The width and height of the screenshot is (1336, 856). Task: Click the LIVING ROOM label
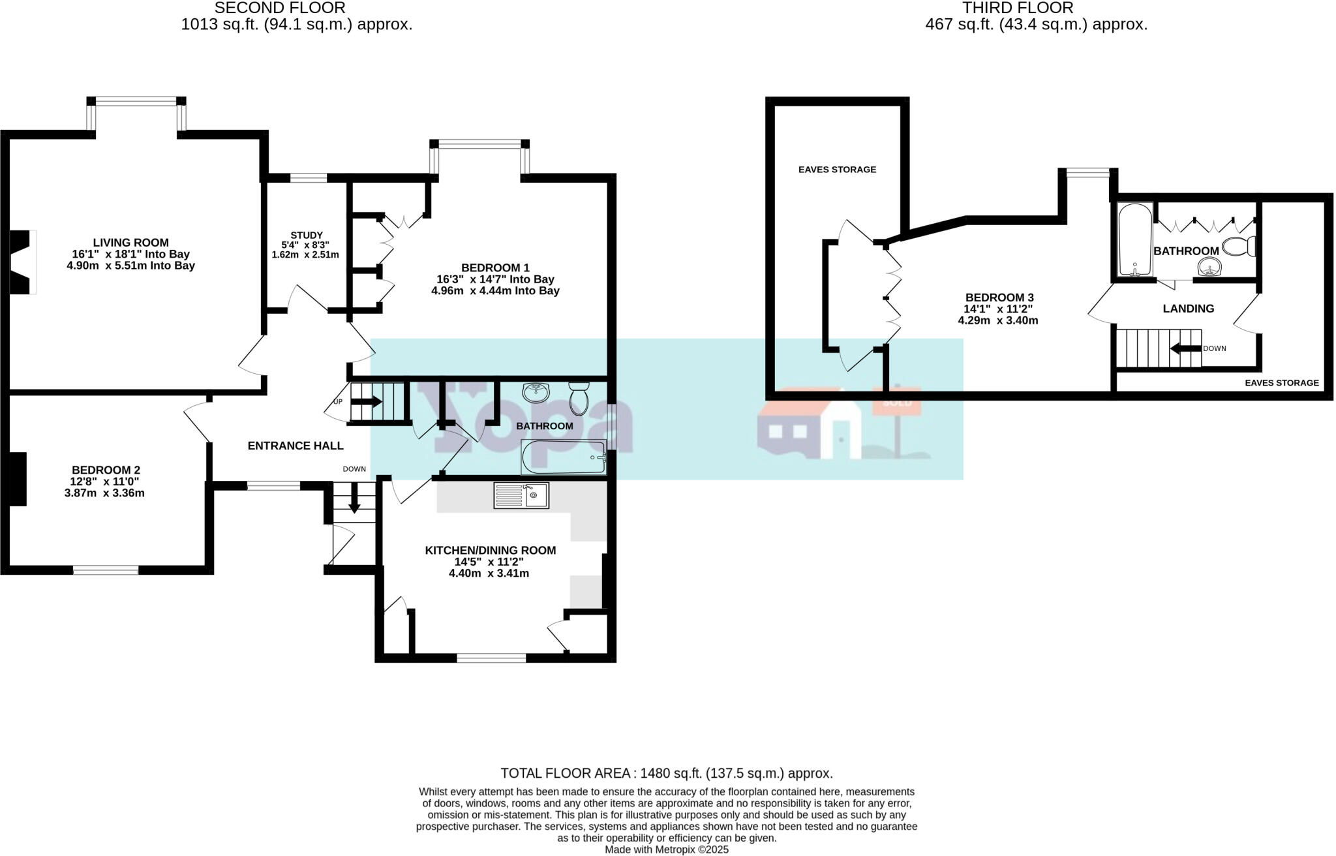coord(130,243)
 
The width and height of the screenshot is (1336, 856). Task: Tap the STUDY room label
coord(306,236)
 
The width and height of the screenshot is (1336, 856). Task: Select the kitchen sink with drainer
coord(521,495)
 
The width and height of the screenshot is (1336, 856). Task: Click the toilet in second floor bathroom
coord(579,398)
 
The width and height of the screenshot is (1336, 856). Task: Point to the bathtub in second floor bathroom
coord(564,457)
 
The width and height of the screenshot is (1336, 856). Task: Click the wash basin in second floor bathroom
coord(536,392)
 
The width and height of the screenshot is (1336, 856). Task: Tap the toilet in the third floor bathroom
coord(1239,247)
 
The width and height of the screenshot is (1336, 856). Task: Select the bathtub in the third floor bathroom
coord(1135,240)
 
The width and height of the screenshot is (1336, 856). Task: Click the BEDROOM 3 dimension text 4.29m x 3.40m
coord(998,320)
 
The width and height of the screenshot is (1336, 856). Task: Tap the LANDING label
coord(1188,309)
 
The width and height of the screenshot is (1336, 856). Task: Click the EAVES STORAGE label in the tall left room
coord(837,170)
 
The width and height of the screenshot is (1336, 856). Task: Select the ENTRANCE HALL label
coord(296,446)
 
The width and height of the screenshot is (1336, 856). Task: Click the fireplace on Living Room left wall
coord(21,262)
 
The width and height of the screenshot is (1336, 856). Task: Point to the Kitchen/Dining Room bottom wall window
coord(491,658)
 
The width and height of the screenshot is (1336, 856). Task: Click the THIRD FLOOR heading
coord(1018,8)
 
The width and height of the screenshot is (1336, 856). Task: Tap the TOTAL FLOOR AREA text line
coord(667,773)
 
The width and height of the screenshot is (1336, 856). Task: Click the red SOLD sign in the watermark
coord(896,403)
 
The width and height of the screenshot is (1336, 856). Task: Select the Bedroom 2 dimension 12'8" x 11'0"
coord(106,481)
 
